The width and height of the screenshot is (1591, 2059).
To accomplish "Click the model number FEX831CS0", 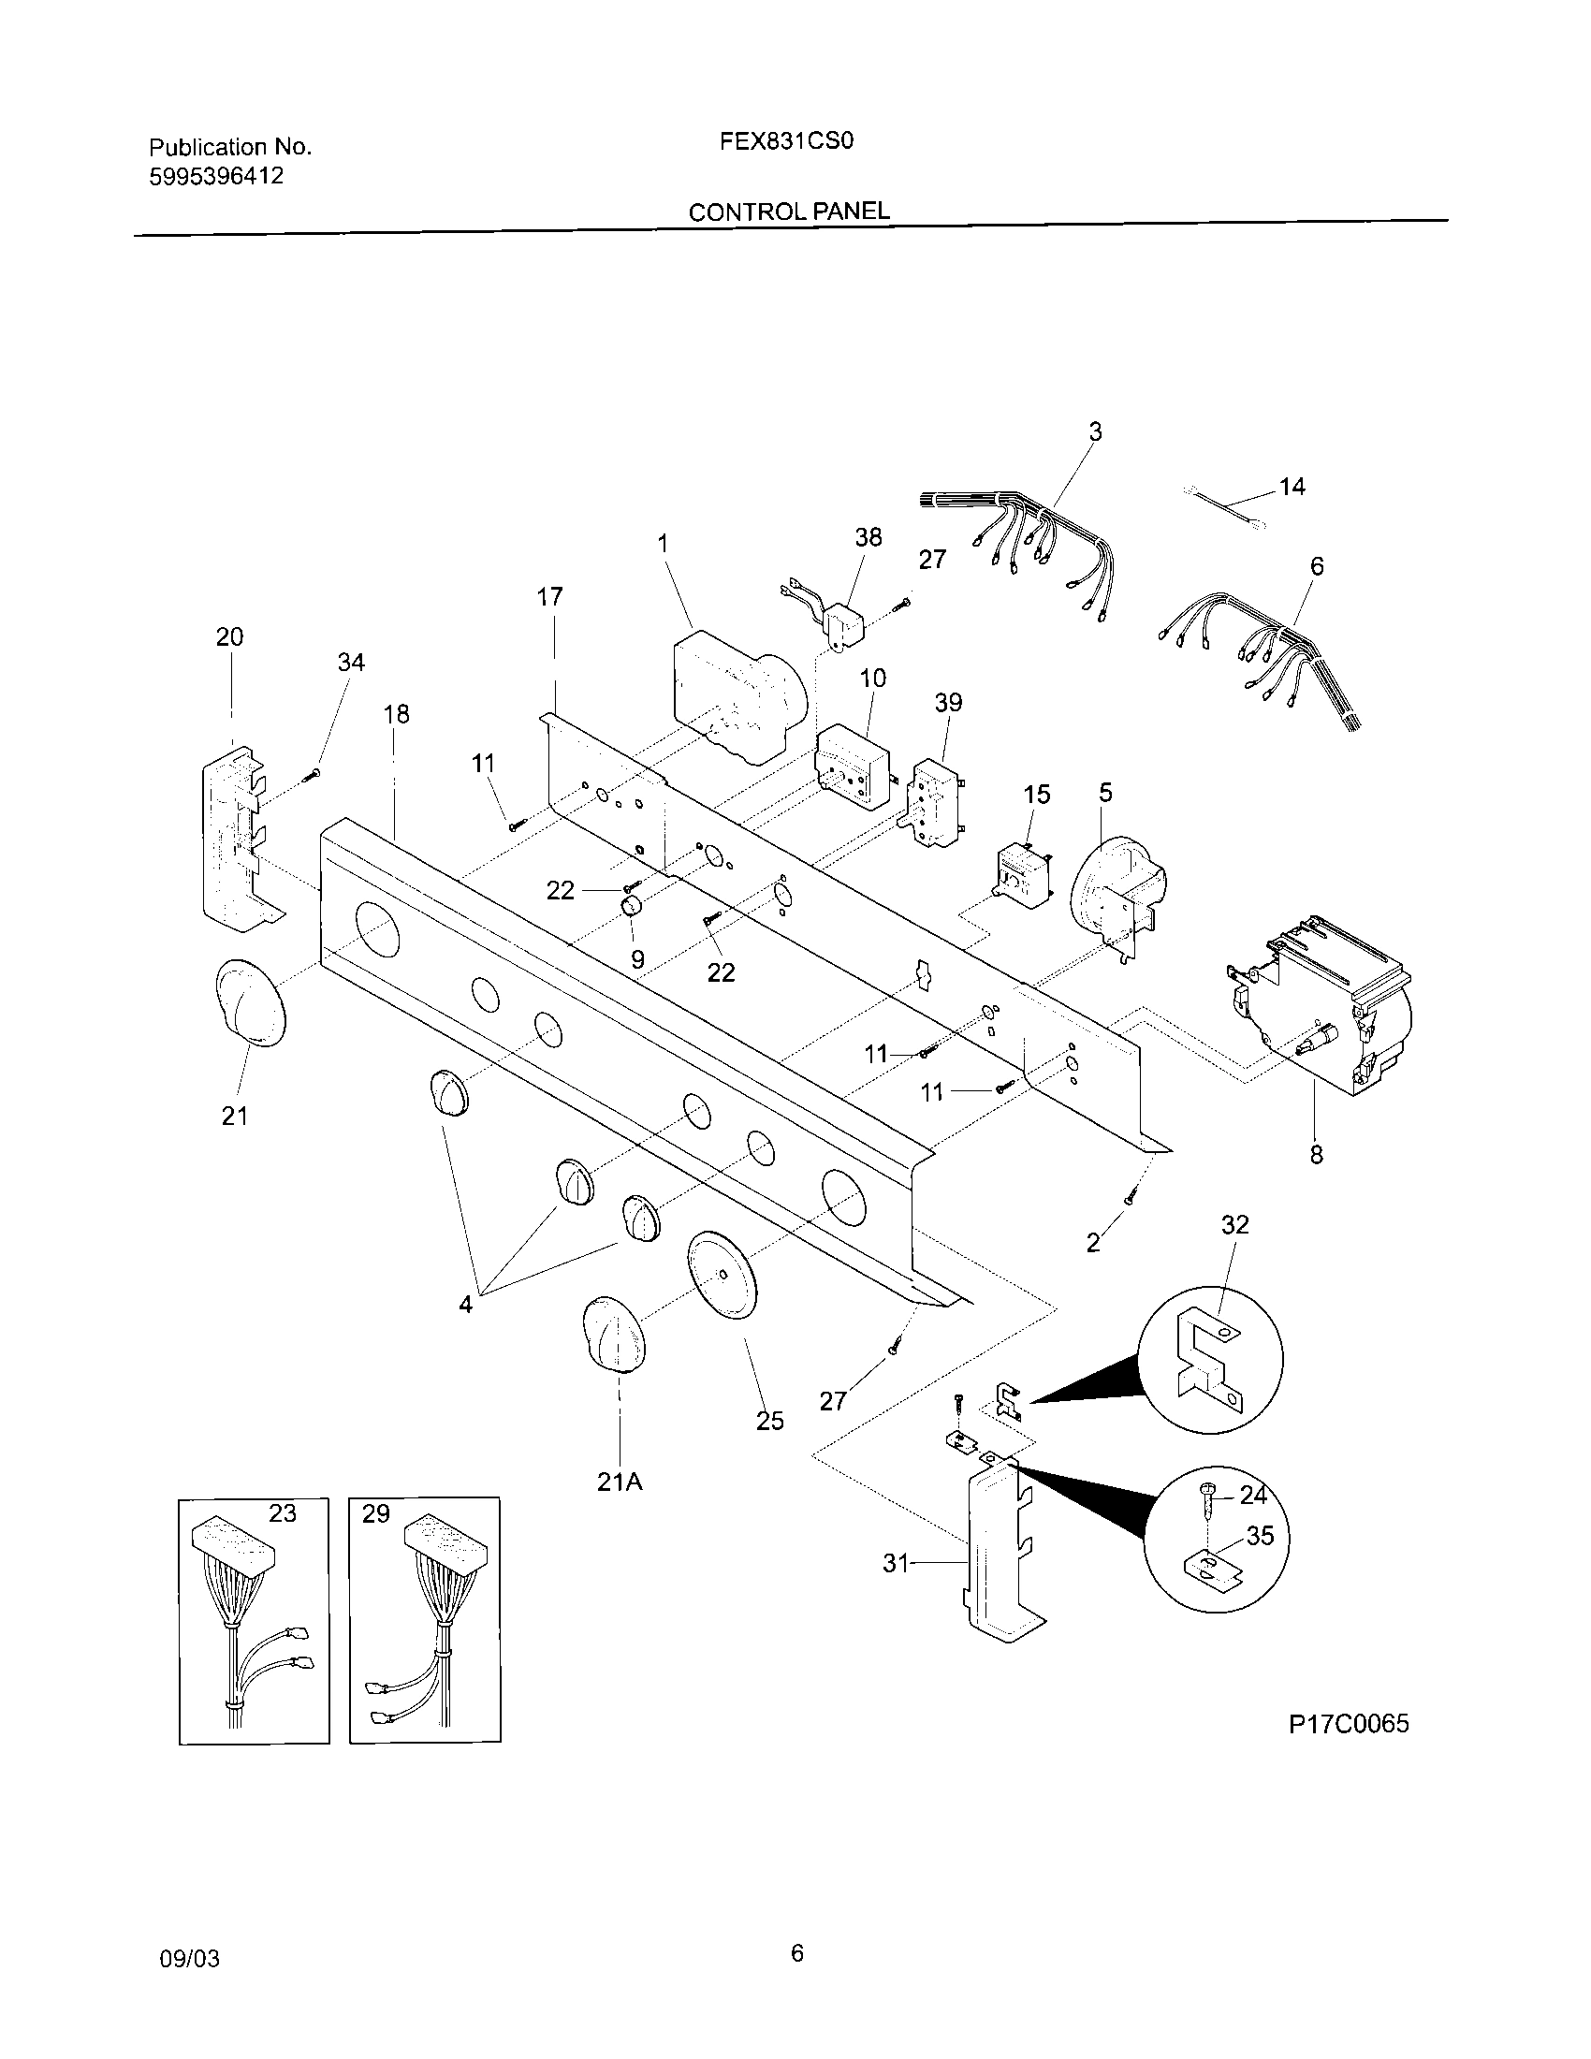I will pos(786,141).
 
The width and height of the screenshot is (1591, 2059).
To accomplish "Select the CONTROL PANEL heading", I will pos(789,212).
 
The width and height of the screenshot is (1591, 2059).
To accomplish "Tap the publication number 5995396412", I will pos(216,176).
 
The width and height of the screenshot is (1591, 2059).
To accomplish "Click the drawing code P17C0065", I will pos(1348,1724).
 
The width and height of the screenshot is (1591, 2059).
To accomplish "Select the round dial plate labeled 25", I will pos(722,1276).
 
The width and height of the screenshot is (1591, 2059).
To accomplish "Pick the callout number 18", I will pos(397,715).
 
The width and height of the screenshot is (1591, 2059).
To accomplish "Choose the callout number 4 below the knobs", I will pos(466,1305).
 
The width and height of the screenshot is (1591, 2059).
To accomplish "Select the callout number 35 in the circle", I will pos(1259,1536).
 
